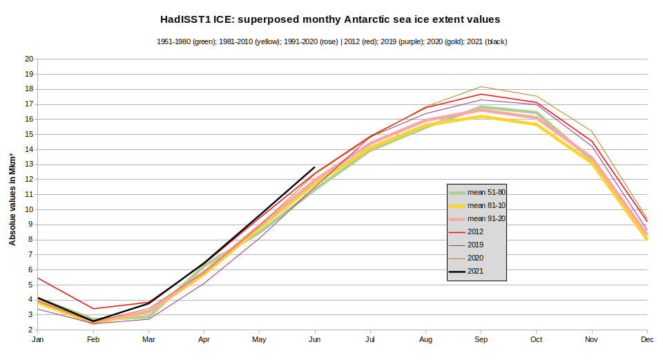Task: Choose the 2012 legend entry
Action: (x=476, y=232)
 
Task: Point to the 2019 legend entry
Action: (x=476, y=245)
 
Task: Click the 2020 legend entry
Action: (x=476, y=258)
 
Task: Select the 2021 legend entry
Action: (x=476, y=271)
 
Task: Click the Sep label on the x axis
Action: (x=481, y=340)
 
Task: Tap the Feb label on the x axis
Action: (x=94, y=340)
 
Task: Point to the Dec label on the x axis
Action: (x=647, y=340)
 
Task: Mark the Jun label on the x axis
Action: (x=315, y=340)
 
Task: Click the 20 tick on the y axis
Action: (x=30, y=59)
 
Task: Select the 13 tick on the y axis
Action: (x=30, y=164)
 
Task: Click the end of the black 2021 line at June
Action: (x=315, y=167)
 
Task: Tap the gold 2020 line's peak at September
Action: (x=481, y=87)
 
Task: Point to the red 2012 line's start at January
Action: (x=39, y=278)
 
